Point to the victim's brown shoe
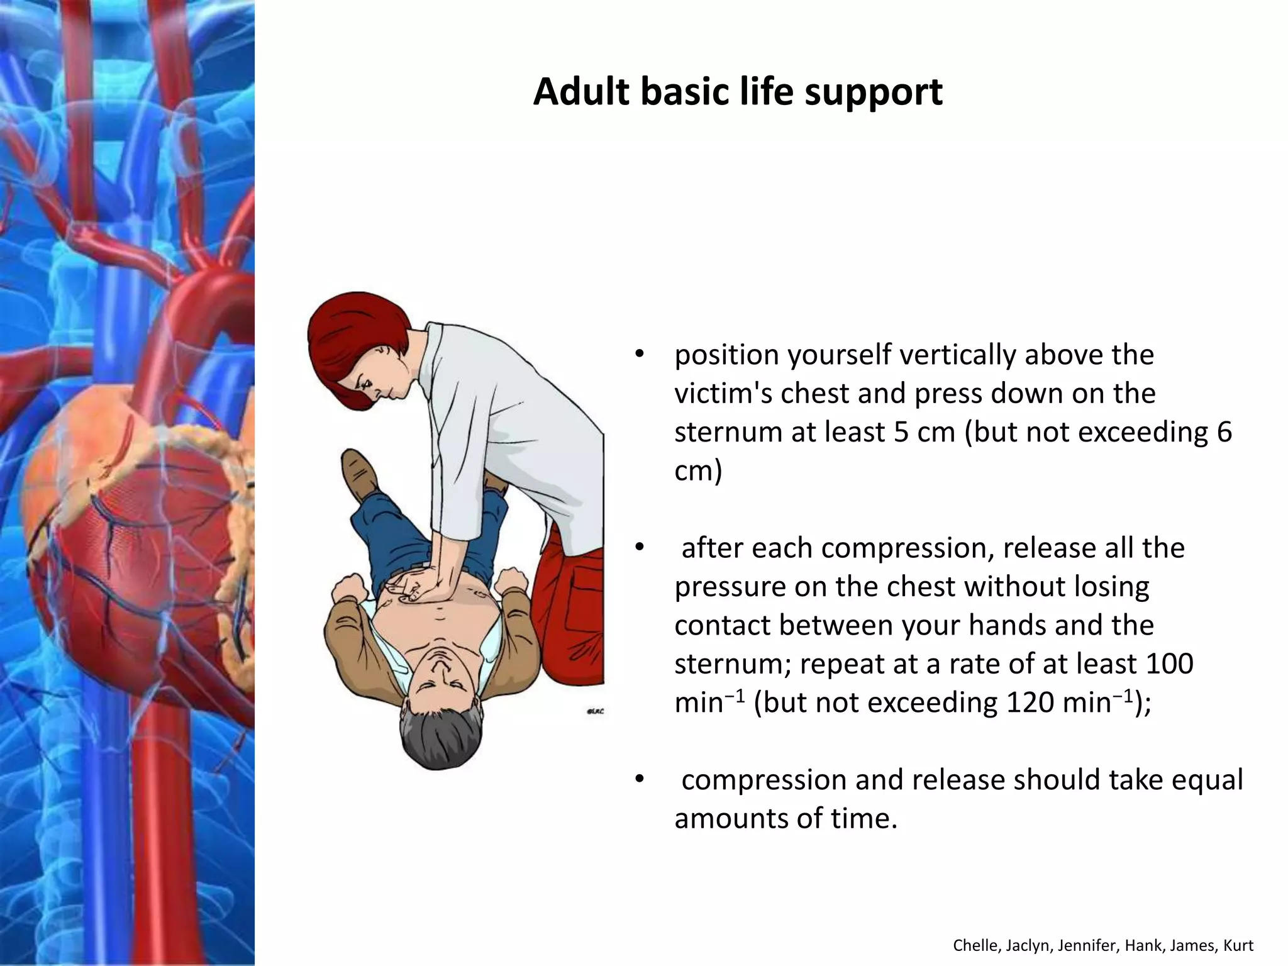[358, 475]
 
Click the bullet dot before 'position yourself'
[640, 354]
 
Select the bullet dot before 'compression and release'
[640, 780]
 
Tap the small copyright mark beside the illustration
[595, 711]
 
